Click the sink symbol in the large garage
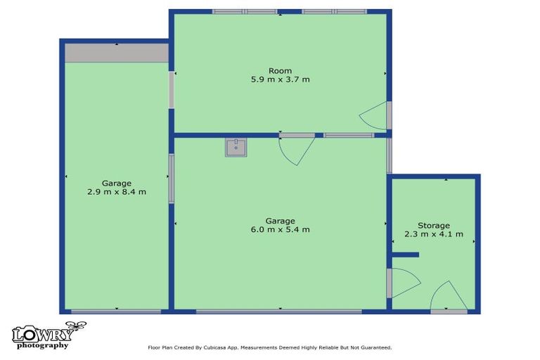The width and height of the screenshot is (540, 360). [236, 148]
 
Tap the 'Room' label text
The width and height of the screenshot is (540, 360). [280, 70]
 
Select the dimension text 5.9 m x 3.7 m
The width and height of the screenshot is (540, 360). [280, 79]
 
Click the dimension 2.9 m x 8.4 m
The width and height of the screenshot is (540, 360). [116, 192]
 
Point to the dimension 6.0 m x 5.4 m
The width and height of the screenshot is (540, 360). [280, 229]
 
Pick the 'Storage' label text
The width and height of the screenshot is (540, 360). [433, 225]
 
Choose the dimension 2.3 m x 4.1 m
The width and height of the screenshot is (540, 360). [433, 234]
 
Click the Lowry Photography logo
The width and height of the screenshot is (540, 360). [48, 335]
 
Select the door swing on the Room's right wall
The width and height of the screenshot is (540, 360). [375, 115]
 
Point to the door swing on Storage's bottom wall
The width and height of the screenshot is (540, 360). [447, 296]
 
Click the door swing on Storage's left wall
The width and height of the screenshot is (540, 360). [403, 283]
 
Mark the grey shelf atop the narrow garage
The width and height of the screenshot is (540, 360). [116, 53]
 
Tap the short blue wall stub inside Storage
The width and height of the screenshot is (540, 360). [405, 255]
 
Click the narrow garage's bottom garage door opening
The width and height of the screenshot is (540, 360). [117, 311]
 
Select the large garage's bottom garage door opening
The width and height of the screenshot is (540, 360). [280, 311]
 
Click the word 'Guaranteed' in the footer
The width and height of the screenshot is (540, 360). [373, 347]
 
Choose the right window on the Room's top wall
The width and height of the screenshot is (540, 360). [335, 12]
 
